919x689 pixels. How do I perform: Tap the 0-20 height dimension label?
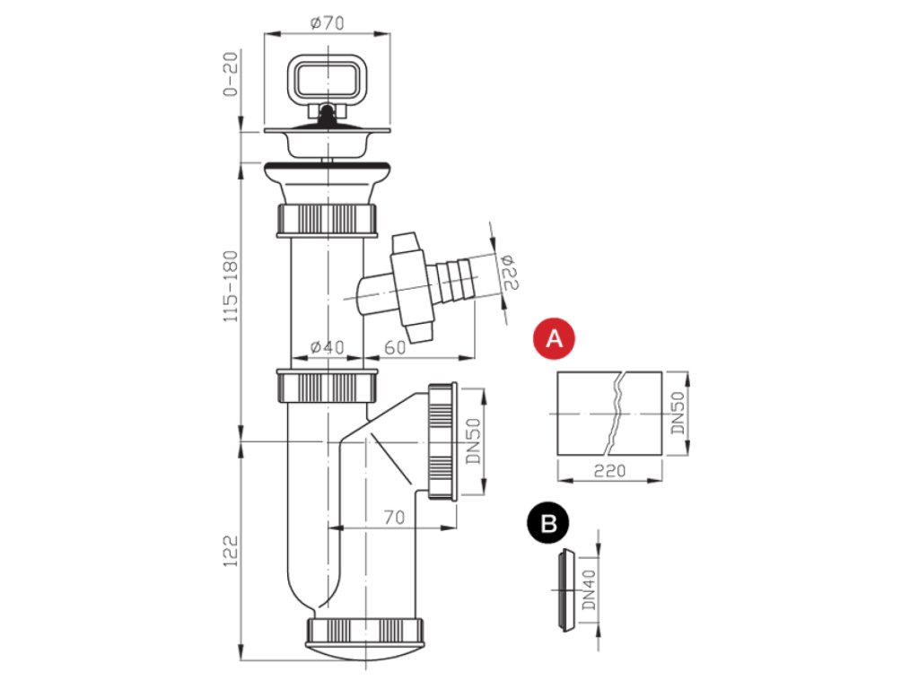[231, 75]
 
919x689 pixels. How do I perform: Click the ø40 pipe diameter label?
[327, 347]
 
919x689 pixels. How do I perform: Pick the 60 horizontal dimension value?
[396, 347]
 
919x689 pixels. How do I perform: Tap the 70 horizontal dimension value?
[391, 517]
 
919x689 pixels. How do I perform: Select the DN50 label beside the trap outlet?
[475, 442]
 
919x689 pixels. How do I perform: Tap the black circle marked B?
[547, 521]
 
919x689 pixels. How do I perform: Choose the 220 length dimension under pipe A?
[609, 470]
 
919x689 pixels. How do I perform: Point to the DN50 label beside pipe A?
[678, 413]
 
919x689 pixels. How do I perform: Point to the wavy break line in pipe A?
[615, 412]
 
